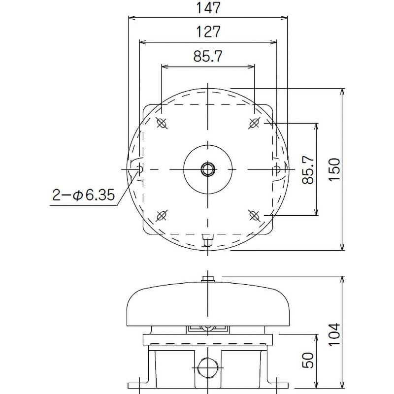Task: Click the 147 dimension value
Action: point(208,8)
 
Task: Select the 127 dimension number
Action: point(208,32)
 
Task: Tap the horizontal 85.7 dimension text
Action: point(208,56)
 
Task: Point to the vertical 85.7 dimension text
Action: point(308,169)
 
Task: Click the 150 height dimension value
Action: point(334,169)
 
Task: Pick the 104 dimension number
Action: point(334,335)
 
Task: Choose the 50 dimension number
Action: point(308,361)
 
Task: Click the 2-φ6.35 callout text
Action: point(84,195)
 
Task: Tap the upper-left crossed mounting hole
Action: point(162,123)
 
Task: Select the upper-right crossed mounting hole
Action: point(254,123)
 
